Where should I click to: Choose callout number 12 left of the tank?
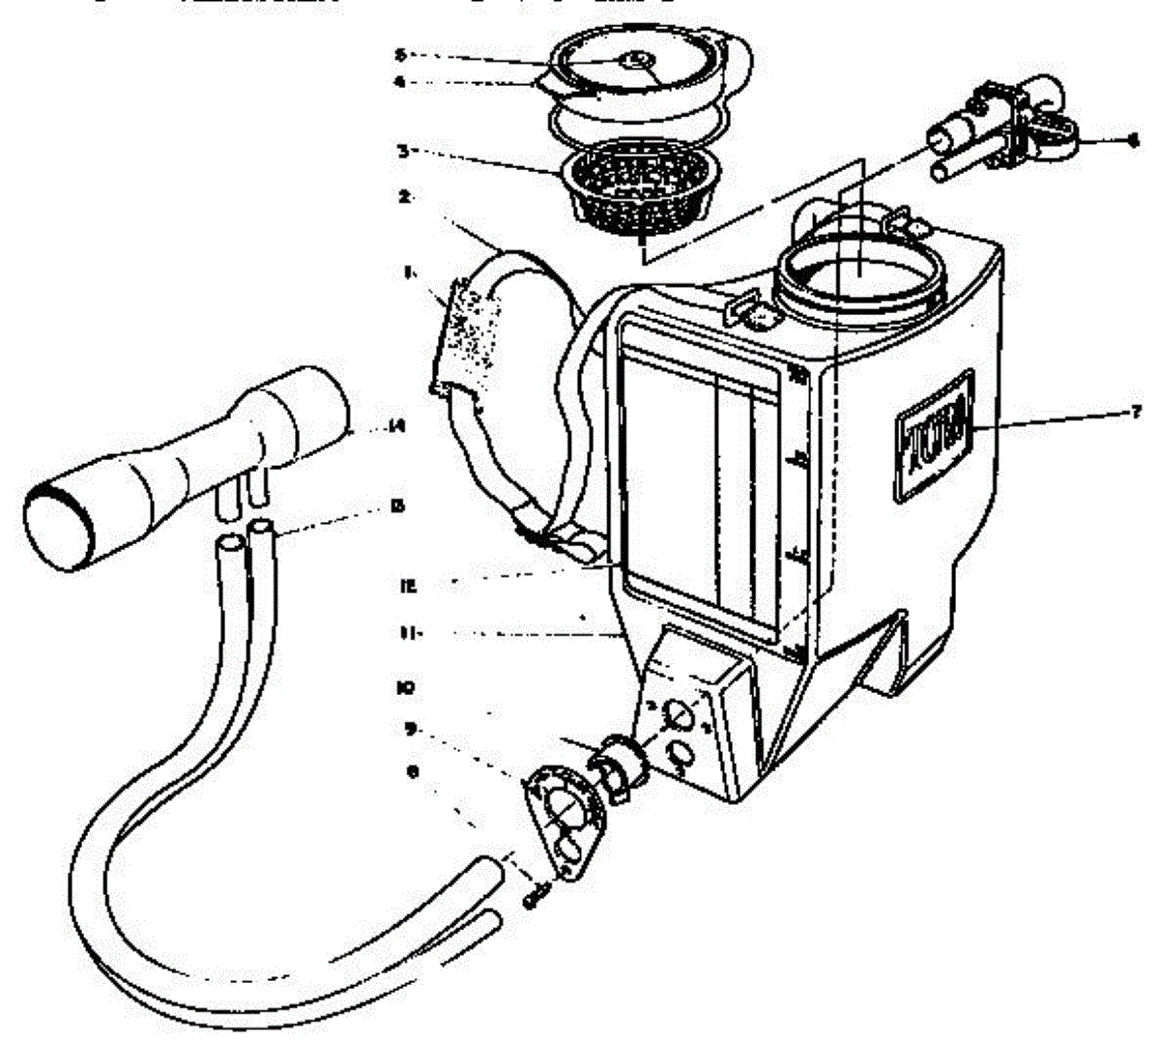pos(407,584)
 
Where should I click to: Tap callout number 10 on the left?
pos(405,688)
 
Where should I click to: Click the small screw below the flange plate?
pos(535,896)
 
